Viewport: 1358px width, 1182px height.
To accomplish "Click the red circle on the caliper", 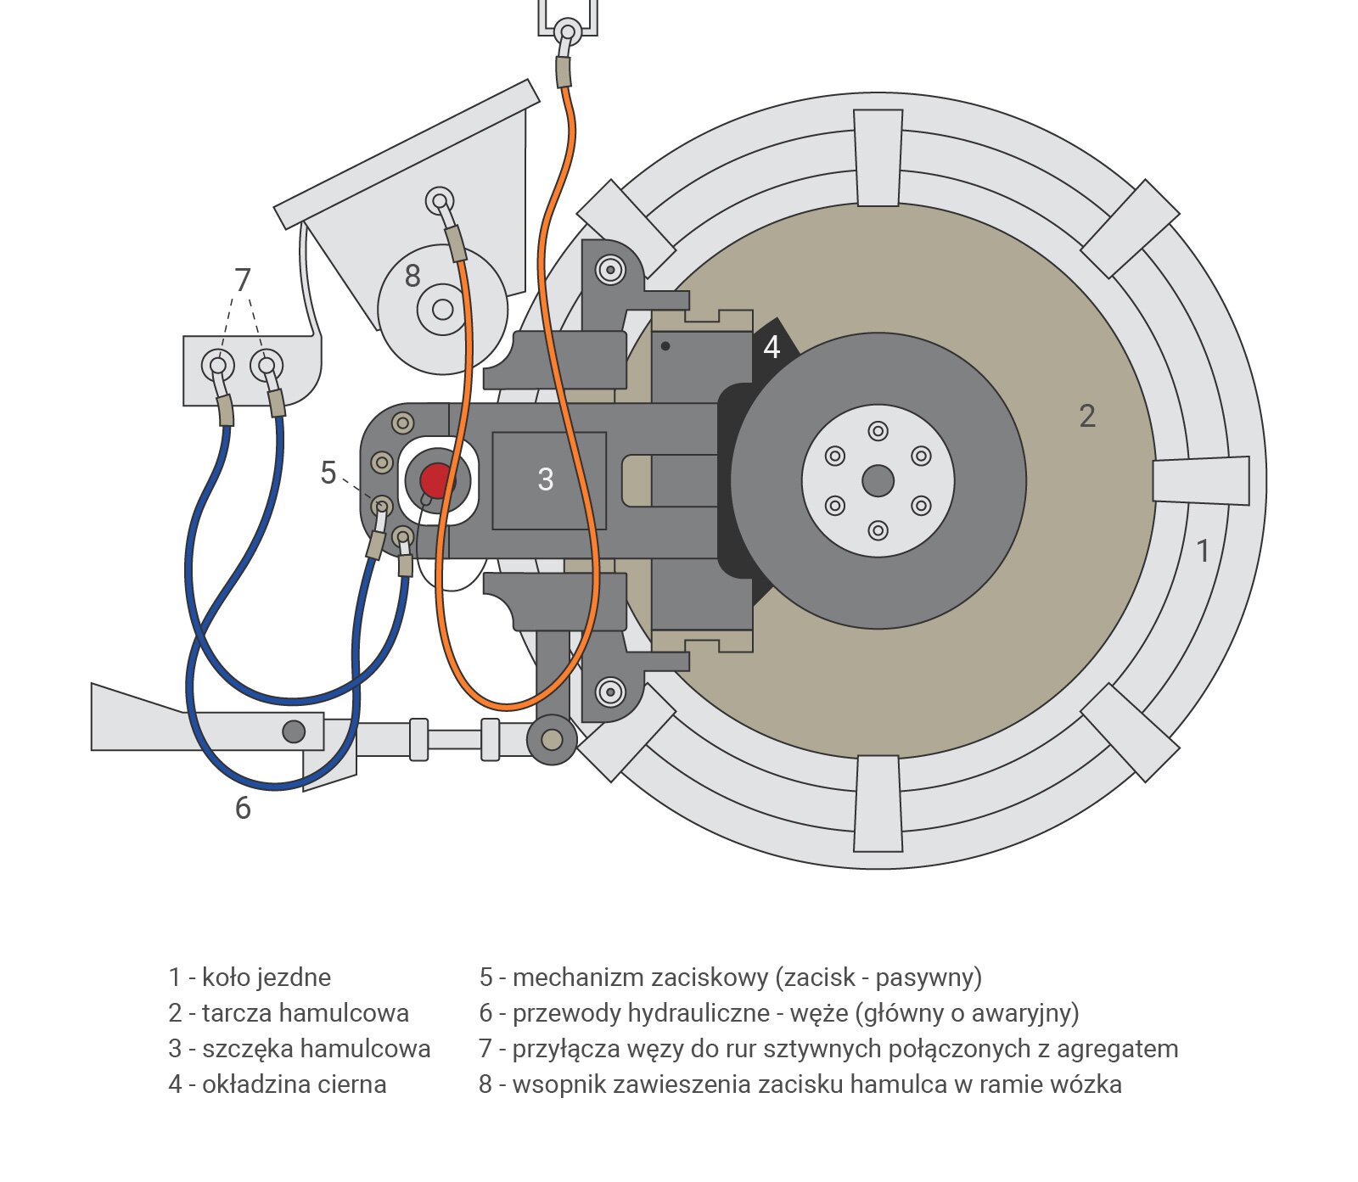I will [x=436, y=480].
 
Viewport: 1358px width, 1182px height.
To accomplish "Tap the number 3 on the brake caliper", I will [x=546, y=479].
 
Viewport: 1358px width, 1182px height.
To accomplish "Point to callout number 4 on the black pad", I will [x=772, y=347].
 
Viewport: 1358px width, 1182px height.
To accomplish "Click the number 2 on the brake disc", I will [x=1087, y=416].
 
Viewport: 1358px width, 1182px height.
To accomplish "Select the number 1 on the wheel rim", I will [x=1202, y=552].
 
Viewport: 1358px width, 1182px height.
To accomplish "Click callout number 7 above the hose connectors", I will [x=243, y=279].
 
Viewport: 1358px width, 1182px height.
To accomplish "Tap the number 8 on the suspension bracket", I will [x=412, y=276].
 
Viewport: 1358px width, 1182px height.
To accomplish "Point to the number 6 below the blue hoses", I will [x=243, y=808].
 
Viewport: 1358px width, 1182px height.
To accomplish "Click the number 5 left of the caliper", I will [x=328, y=473].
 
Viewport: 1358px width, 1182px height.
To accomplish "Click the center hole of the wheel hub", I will [x=878, y=481].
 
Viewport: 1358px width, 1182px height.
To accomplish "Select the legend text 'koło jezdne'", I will [x=267, y=978].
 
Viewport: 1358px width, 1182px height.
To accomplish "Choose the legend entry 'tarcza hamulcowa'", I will [x=305, y=1013].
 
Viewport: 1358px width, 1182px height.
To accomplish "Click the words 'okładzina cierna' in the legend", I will [x=294, y=1084].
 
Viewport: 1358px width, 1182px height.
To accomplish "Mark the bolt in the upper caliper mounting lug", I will [x=610, y=271].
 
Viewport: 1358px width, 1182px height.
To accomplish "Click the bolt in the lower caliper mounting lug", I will [x=610, y=692].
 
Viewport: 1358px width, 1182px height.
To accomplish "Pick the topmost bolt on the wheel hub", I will [x=878, y=431].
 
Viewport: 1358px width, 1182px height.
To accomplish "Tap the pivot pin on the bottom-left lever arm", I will [x=294, y=731].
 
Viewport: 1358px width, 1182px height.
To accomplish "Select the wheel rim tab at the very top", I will [x=878, y=157].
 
